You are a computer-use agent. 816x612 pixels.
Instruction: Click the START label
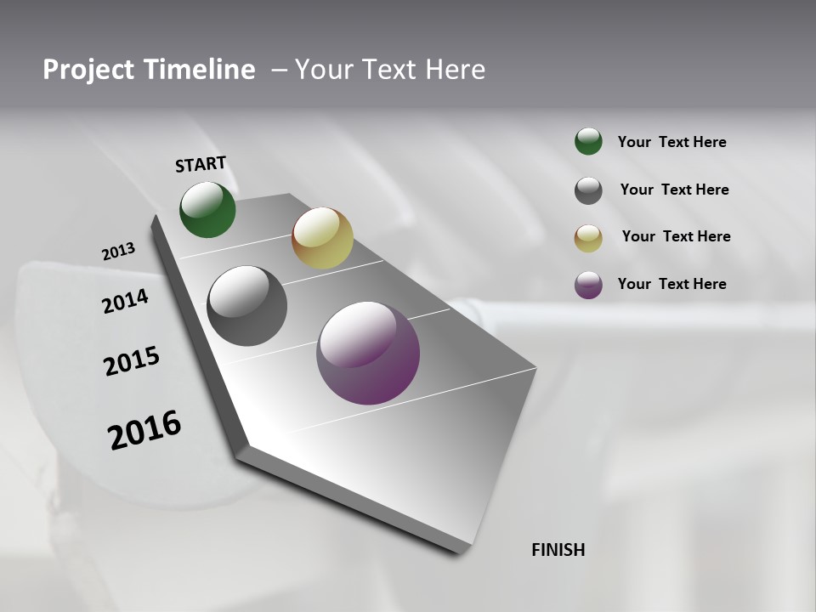(201, 163)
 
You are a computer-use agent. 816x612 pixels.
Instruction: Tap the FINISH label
(558, 550)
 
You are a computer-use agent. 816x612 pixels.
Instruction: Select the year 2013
(118, 252)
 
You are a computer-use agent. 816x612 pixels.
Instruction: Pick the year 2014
(125, 302)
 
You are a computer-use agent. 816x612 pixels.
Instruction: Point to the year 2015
(132, 361)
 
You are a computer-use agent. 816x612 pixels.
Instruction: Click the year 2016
(144, 430)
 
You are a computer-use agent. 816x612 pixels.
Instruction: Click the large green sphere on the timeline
(207, 209)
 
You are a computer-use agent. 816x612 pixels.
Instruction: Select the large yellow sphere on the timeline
(322, 238)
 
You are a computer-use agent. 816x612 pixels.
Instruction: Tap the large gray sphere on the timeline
(246, 306)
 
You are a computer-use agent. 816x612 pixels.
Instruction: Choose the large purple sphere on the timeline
(368, 353)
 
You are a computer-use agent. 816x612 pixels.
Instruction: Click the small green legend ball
(588, 142)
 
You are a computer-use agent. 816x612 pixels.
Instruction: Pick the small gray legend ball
(588, 190)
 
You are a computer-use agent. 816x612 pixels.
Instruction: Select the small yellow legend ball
(588, 238)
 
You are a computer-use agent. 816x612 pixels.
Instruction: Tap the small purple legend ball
(588, 285)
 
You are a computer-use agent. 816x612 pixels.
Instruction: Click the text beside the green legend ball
(671, 143)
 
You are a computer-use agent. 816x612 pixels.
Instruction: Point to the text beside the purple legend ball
(671, 284)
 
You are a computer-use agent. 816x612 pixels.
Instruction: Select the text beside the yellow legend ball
(676, 236)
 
